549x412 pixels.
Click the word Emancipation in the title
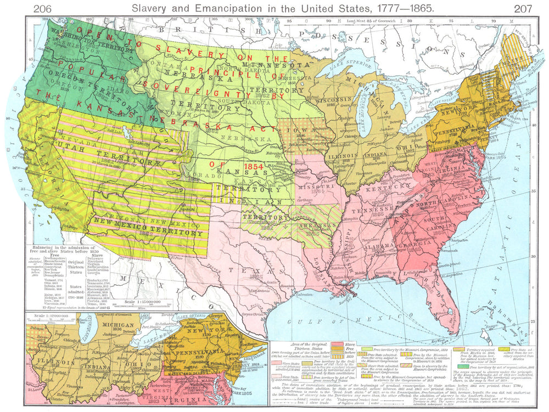click(231, 7)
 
